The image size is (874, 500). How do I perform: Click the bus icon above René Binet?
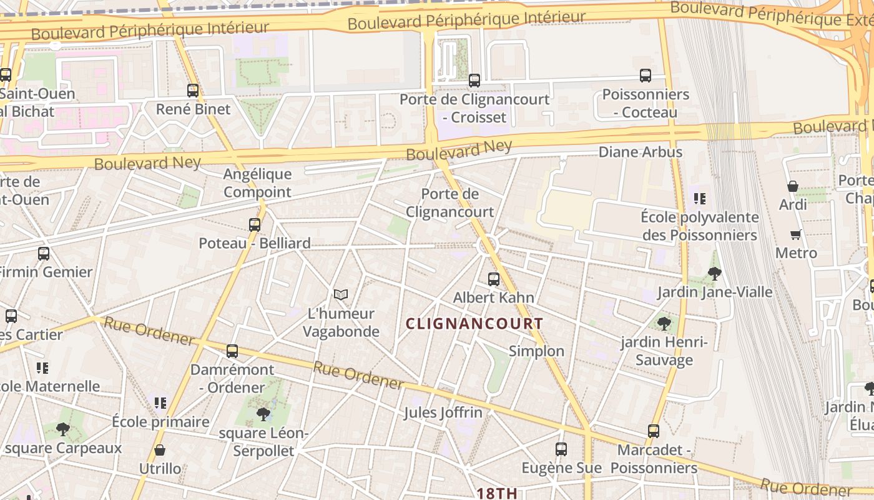tap(193, 91)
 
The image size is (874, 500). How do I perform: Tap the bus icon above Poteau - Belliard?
tap(255, 224)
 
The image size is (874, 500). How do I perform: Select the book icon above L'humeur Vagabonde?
tap(340, 294)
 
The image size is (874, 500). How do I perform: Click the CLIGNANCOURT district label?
tap(474, 324)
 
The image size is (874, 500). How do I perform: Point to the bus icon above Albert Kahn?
tap(494, 279)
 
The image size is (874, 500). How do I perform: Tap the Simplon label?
tap(536, 351)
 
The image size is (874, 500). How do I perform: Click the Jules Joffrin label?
tap(443, 412)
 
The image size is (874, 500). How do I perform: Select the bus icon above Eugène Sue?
tap(561, 449)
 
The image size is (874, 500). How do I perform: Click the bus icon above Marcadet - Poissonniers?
tap(654, 431)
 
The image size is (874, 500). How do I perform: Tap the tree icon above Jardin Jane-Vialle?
tap(715, 273)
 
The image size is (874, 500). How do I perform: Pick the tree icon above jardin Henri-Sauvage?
tap(664, 323)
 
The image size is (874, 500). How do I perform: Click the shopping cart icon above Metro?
tap(796, 234)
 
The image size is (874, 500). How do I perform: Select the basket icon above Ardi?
tap(793, 186)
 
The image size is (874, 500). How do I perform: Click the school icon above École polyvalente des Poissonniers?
tap(700, 199)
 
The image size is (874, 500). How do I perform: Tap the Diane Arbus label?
tap(641, 152)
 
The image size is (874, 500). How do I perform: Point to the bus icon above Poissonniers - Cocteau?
tap(646, 76)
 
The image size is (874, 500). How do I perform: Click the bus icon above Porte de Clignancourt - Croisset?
tap(474, 80)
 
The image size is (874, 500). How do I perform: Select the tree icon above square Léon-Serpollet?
tap(263, 413)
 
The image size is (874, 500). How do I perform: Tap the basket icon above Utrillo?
tap(160, 450)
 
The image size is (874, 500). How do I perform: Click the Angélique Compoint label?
tap(257, 182)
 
